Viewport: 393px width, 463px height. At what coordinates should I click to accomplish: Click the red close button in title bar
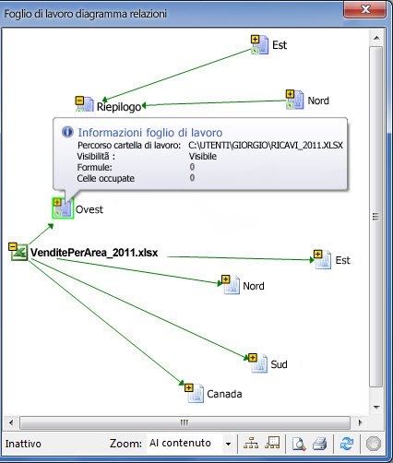[364, 10]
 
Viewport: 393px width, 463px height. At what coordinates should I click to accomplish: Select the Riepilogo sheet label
[119, 107]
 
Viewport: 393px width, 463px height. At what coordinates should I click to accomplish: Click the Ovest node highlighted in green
[63, 208]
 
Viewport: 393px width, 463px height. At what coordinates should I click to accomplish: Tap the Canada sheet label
[224, 394]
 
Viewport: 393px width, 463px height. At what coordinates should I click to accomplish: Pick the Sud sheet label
[279, 364]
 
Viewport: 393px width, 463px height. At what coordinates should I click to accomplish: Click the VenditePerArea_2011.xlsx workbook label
[94, 253]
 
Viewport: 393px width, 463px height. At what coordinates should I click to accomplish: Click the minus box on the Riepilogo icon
[79, 101]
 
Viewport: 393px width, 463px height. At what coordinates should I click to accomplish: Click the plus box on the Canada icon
[189, 387]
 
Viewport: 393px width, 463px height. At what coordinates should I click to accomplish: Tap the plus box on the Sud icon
[253, 358]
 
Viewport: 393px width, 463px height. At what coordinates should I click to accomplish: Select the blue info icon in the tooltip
[67, 132]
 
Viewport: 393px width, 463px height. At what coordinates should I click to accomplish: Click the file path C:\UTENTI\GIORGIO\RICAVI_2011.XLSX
[266, 145]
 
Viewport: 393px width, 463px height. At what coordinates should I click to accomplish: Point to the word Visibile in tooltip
[203, 156]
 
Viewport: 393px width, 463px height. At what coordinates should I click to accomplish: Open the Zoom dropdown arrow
[228, 444]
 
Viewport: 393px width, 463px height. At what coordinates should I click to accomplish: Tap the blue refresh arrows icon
[347, 444]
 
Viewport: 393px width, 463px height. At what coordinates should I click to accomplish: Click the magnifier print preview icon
[298, 444]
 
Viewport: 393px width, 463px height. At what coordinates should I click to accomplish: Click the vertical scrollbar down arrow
[376, 408]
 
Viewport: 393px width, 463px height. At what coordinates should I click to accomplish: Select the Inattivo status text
[23, 444]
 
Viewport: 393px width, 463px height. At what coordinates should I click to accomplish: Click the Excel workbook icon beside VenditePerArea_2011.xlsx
[19, 253]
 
